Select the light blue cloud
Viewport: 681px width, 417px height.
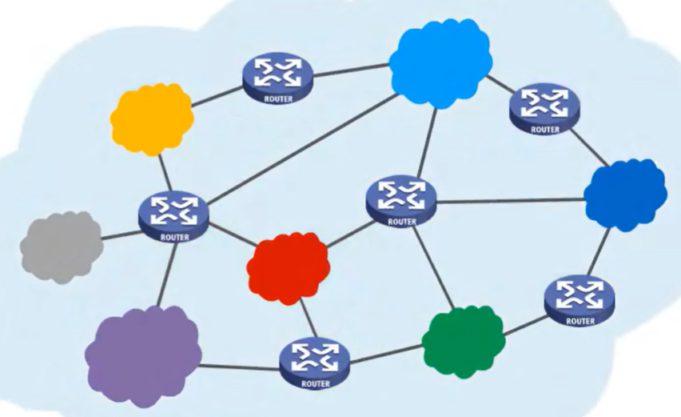coord(440,62)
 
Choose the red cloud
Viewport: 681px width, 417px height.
coord(289,267)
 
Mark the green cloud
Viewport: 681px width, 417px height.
coord(463,340)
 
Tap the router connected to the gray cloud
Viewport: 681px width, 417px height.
coord(173,215)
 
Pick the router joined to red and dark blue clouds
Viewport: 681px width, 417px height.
coord(402,200)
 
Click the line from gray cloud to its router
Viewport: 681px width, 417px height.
coord(120,235)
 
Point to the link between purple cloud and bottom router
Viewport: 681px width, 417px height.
coord(240,367)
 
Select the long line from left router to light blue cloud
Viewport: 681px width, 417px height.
coord(304,148)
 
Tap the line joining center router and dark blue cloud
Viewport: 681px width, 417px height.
coord(512,200)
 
